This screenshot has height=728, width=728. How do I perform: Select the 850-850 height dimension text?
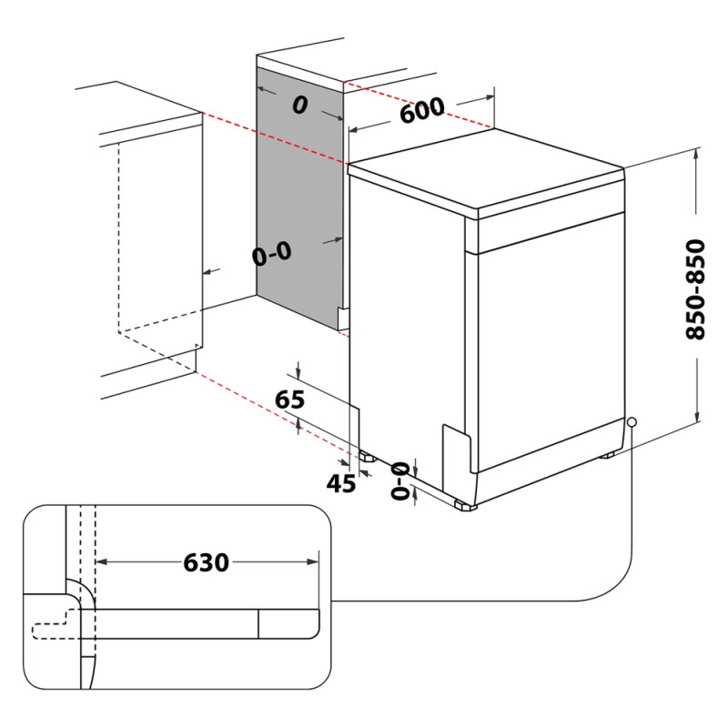tap(695, 289)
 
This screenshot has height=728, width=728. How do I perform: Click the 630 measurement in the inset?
tap(206, 563)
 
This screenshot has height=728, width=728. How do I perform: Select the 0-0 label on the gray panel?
tap(272, 255)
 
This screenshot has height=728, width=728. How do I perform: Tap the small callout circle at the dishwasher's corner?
tap(632, 422)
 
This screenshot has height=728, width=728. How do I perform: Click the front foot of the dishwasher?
tap(464, 503)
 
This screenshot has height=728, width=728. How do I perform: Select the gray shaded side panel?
tap(300, 191)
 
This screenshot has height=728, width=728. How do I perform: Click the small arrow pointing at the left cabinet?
tap(210, 271)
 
